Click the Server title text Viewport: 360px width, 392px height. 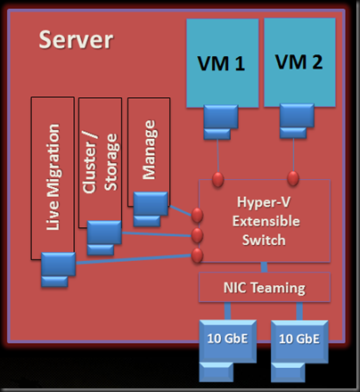pos(76,39)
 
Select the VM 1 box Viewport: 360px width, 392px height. pos(223,63)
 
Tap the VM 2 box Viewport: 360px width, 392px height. pos(299,62)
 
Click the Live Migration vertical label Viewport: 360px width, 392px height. pos(53,177)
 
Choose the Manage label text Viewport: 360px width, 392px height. pos(149,150)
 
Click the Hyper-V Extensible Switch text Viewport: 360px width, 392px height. pos(266,221)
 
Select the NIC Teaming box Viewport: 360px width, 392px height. pos(265,287)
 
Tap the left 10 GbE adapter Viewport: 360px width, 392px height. pos(228,350)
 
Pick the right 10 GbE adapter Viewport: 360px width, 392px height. pos(299,351)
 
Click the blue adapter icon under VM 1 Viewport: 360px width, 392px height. pos(221,122)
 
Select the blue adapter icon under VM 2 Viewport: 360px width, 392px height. pos(297,121)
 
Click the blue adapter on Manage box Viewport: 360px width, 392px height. pos(151,209)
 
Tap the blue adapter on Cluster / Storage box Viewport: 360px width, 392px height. pos(104,238)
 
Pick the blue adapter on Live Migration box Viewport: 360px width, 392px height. pos(58,270)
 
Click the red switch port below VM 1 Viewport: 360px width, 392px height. pos(217,179)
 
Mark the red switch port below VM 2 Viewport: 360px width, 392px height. pos(293,178)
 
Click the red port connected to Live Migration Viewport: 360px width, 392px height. pos(197,256)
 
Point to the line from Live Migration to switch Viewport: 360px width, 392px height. pos(134,258)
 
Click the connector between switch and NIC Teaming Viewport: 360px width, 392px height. pos(264,267)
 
